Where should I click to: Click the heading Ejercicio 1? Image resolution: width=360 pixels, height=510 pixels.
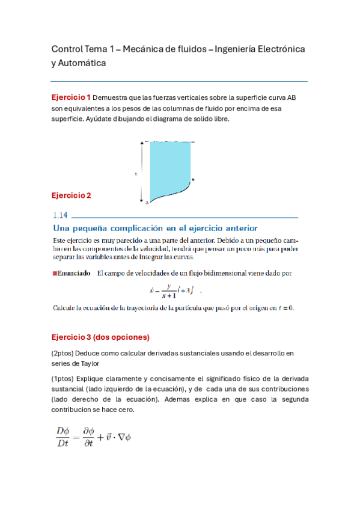71,97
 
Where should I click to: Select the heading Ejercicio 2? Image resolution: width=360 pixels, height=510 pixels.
71,195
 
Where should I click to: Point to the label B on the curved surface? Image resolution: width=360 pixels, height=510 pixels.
193,179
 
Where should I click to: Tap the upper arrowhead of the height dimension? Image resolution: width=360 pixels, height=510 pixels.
142,143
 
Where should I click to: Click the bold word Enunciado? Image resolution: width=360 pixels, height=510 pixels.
74,273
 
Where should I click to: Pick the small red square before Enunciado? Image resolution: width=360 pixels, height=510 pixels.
55,273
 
